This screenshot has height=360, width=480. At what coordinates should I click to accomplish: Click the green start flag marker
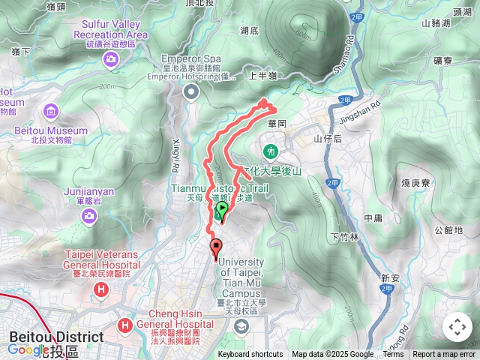pyautogui.click(x=220, y=211)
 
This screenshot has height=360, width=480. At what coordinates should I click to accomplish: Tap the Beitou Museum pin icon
pyautogui.click(x=52, y=112)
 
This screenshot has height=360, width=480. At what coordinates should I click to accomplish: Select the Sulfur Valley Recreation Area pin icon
pyautogui.click(x=112, y=58)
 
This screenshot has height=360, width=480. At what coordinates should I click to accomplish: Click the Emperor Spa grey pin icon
pyautogui.click(x=190, y=91)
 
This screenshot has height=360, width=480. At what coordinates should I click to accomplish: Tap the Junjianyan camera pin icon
pyautogui.click(x=90, y=215)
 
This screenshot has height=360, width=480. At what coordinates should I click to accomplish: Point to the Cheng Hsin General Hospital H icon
pyautogui.click(x=124, y=324)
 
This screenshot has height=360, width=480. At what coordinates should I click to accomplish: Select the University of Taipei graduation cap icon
pyautogui.click(x=241, y=326)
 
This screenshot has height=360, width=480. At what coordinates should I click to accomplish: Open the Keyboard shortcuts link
pyautogui.click(x=250, y=355)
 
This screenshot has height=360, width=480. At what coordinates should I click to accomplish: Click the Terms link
pyautogui.click(x=393, y=355)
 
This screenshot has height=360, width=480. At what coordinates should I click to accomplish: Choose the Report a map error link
pyautogui.click(x=444, y=355)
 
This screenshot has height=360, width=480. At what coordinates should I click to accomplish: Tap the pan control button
pyautogui.click(x=457, y=327)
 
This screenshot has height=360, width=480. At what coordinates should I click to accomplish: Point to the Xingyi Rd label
pyautogui.click(x=178, y=154)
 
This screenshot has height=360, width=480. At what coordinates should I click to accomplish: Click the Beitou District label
pyautogui.click(x=56, y=337)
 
